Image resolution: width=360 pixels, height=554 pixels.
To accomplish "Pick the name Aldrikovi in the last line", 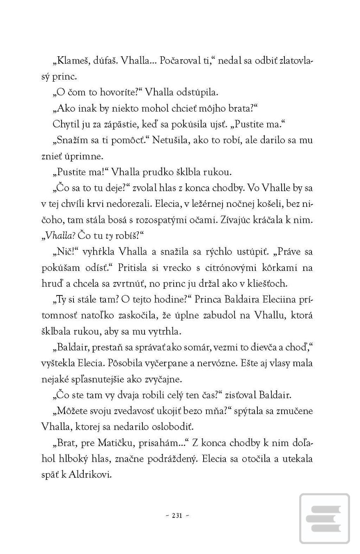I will pyautogui.click(x=89, y=475).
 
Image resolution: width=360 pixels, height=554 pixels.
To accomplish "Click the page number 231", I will pyautogui.click(x=177, y=516).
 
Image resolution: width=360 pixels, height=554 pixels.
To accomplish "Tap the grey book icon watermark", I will pyautogui.click(x=325, y=518).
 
